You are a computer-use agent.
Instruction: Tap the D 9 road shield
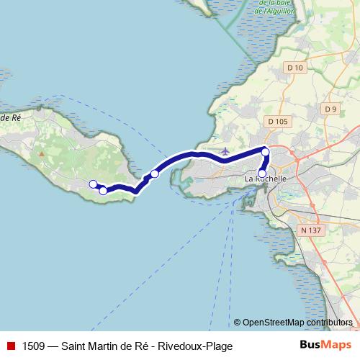tap(330, 109)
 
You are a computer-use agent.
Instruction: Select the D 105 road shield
tap(277, 122)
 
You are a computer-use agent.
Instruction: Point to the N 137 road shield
tap(310, 230)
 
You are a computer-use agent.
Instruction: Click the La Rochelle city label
tap(266, 178)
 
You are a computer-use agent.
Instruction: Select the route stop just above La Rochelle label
tap(262, 172)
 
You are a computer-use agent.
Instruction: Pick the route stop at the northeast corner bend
tap(266, 151)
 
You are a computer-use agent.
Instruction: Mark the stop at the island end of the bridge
tap(154, 174)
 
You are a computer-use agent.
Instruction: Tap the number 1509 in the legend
tap(32, 346)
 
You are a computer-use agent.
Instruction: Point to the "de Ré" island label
tap(10, 117)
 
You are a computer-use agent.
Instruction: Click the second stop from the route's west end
tap(103, 190)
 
